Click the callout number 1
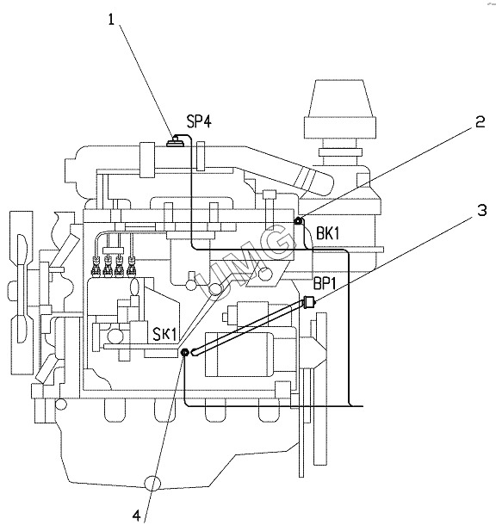[111, 19]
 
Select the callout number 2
[480, 121]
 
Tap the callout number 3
[482, 210]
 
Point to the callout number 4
[136, 516]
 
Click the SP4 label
[199, 121]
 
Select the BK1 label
[327, 233]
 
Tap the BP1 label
[325, 283]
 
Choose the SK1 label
[164, 334]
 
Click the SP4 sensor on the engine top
[176, 140]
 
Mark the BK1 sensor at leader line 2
[298, 221]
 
